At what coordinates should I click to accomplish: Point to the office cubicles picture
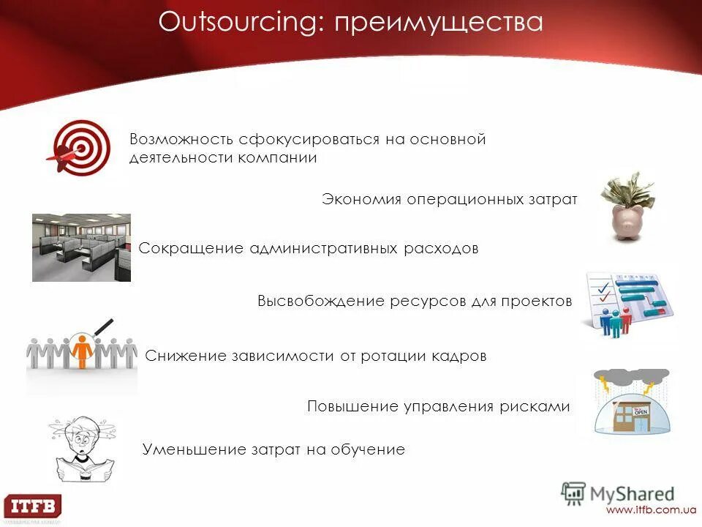tap(81, 247)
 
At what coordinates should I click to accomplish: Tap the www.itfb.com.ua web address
tap(649, 509)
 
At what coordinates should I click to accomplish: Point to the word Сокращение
tap(191, 249)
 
